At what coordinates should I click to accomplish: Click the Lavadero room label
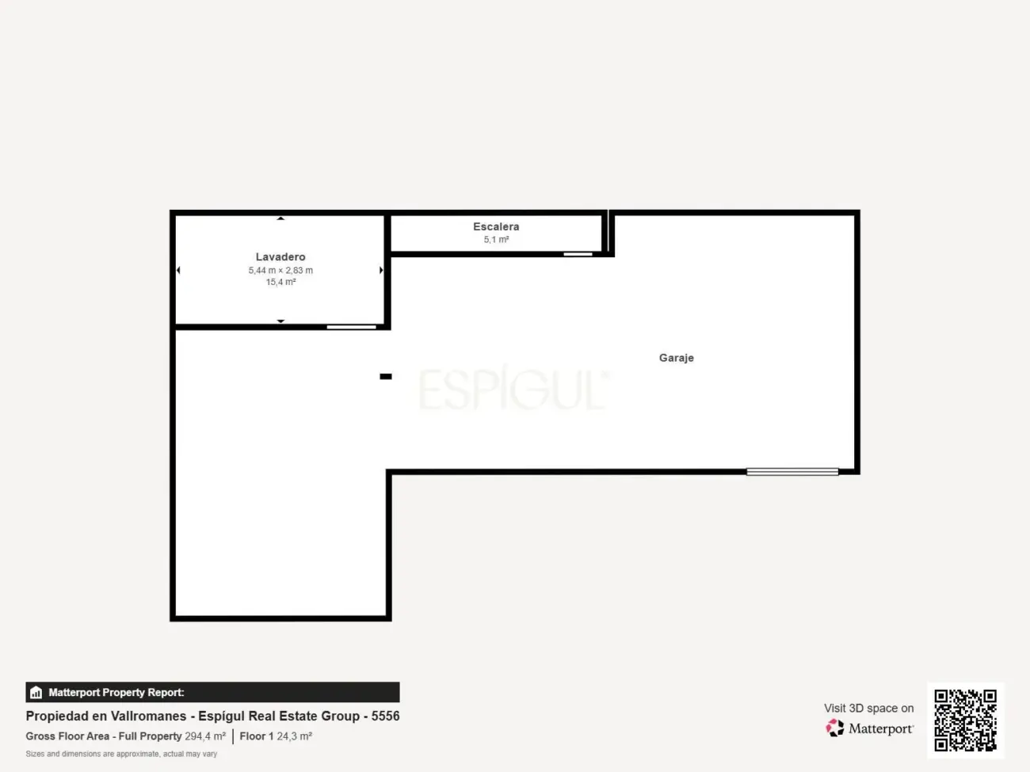[x=280, y=257]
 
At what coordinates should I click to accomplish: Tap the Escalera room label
[x=496, y=227]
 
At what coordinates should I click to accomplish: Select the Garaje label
[x=676, y=358]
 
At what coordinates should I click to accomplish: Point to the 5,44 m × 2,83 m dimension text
[x=280, y=271]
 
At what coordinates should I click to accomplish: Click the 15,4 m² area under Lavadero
[x=280, y=282]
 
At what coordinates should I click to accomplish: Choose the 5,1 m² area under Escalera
[x=496, y=240]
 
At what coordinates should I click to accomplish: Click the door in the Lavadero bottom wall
[x=352, y=327]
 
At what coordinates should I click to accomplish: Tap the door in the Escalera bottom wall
[x=578, y=254]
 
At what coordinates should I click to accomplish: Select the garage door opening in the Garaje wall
[x=792, y=472]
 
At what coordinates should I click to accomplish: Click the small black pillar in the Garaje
[x=386, y=376]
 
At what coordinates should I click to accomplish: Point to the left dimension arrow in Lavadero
[x=178, y=270]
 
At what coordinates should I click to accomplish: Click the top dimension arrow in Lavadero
[x=280, y=219]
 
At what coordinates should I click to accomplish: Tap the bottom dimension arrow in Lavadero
[x=280, y=321]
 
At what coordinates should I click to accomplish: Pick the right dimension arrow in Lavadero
[x=381, y=270]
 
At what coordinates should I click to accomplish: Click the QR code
[x=965, y=720]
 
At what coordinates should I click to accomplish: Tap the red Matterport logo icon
[x=835, y=728]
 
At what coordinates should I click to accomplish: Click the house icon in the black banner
[x=36, y=692]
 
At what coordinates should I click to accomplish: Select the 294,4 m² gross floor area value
[x=205, y=736]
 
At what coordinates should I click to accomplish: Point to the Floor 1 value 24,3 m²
[x=294, y=736]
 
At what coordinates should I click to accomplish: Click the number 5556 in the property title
[x=385, y=717]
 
